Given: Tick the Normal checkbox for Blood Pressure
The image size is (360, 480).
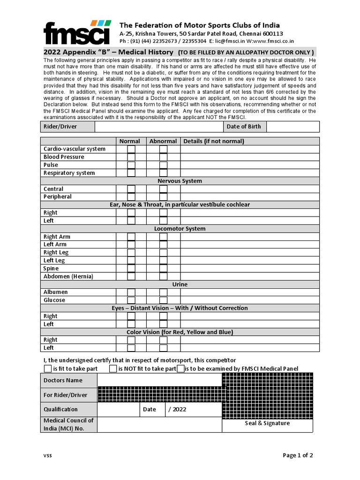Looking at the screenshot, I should pyautogui.click(x=131, y=157).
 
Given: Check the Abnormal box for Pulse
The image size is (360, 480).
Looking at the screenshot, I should pyautogui.click(x=163, y=165).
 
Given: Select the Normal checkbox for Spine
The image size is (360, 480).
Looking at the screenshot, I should pyautogui.click(x=131, y=269).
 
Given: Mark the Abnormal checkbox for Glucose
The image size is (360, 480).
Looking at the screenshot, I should pyautogui.click(x=163, y=300).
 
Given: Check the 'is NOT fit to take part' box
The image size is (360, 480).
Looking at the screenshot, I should pyautogui.click(x=113, y=369).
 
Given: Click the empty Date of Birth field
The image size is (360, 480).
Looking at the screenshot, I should pyautogui.click(x=292, y=127).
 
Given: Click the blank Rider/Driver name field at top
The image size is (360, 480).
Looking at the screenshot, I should pyautogui.click(x=158, y=127).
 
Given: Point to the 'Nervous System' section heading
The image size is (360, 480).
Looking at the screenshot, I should pyautogui.click(x=180, y=181).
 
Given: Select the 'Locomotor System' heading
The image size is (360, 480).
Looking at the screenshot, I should pyautogui.click(x=180, y=229).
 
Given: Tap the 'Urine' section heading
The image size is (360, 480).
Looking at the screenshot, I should pyautogui.click(x=180, y=285).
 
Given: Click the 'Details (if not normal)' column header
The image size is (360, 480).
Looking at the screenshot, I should pyautogui.click(x=214, y=141).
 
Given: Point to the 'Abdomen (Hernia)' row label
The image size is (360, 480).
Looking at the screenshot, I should pyautogui.click(x=68, y=277).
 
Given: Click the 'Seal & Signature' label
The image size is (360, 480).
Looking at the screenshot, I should pyautogui.click(x=267, y=423).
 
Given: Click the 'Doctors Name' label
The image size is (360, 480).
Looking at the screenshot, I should pyautogui.click(x=63, y=380).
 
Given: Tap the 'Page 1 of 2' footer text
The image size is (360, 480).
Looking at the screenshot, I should pyautogui.click(x=298, y=455).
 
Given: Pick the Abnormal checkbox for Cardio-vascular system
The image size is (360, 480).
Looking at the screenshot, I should pyautogui.click(x=163, y=149).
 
